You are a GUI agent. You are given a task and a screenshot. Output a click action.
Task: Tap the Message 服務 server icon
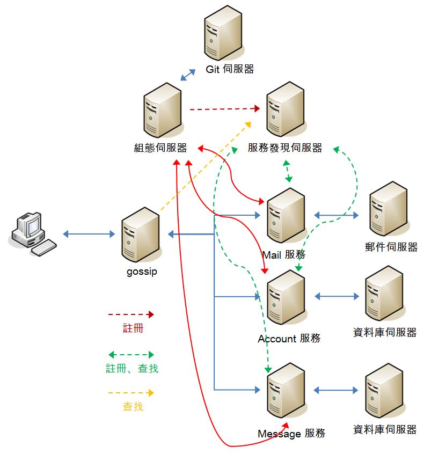coord(287,396)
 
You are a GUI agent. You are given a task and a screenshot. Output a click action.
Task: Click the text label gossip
coord(142,272)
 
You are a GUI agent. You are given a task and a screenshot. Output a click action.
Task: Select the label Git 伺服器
coord(230,69)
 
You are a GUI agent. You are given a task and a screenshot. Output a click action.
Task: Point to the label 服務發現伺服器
coord(285,148)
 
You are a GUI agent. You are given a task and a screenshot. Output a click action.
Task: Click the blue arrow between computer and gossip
coord(89,234)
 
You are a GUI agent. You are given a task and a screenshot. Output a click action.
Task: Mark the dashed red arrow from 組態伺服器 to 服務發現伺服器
coord(222,109)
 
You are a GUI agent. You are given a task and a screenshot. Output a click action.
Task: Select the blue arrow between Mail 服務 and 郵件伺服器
coord(337,216)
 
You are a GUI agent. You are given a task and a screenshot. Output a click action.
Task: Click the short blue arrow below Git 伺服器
coord(188,75)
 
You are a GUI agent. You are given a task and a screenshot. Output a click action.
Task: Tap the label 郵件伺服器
coord(391,247)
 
